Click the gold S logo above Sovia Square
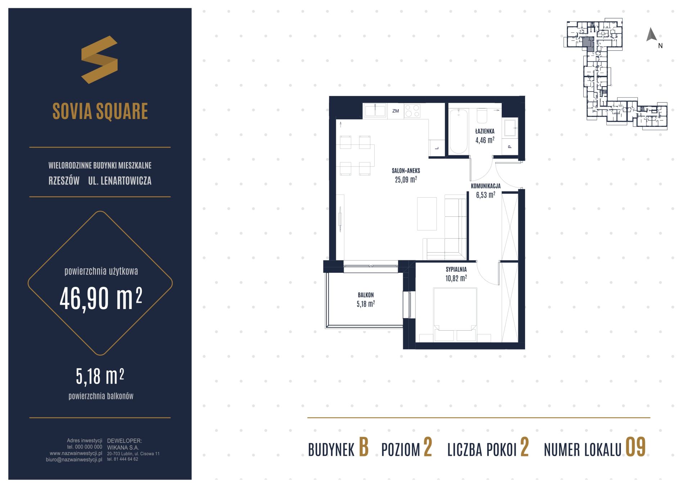click(x=99, y=60)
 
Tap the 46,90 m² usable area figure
click(x=101, y=298)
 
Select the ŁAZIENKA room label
click(x=484, y=131)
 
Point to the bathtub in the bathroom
click(x=458, y=131)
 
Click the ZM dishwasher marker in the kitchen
click(x=396, y=111)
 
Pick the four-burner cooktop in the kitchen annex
click(x=412, y=111)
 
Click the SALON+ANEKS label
click(x=406, y=171)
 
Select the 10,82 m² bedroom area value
click(x=456, y=278)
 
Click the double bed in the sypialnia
click(x=455, y=314)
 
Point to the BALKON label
click(x=366, y=295)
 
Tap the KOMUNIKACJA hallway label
click(x=485, y=186)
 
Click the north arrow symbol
click(x=651, y=34)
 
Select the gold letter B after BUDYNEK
click(x=364, y=447)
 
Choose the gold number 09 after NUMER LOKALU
click(x=636, y=447)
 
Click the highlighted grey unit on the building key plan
click(x=588, y=43)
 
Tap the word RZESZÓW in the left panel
click(x=64, y=181)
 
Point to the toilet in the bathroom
click(x=482, y=115)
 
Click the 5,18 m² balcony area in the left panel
click(x=100, y=376)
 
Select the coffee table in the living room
click(x=427, y=214)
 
